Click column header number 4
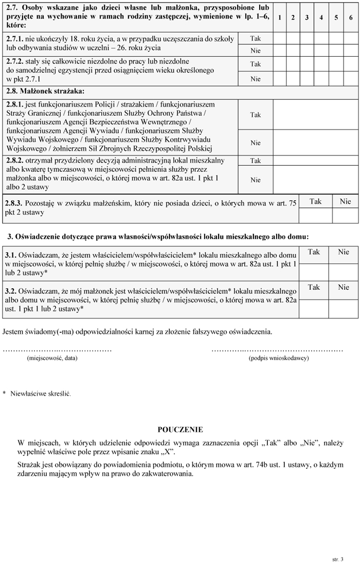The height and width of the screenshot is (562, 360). click(x=321, y=17)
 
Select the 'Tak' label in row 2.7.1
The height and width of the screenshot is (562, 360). click(x=256, y=39)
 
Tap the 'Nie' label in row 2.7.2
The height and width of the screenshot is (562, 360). click(x=256, y=79)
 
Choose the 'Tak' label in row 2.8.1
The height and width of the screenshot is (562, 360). click(x=256, y=115)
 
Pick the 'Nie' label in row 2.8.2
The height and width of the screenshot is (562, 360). click(x=256, y=180)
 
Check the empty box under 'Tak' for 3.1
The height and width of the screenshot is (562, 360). click(x=314, y=266)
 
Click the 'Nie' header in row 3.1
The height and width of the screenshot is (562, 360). click(x=344, y=252)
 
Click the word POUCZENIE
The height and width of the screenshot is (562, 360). click(x=180, y=430)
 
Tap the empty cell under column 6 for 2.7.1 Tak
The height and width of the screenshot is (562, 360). click(x=351, y=39)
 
